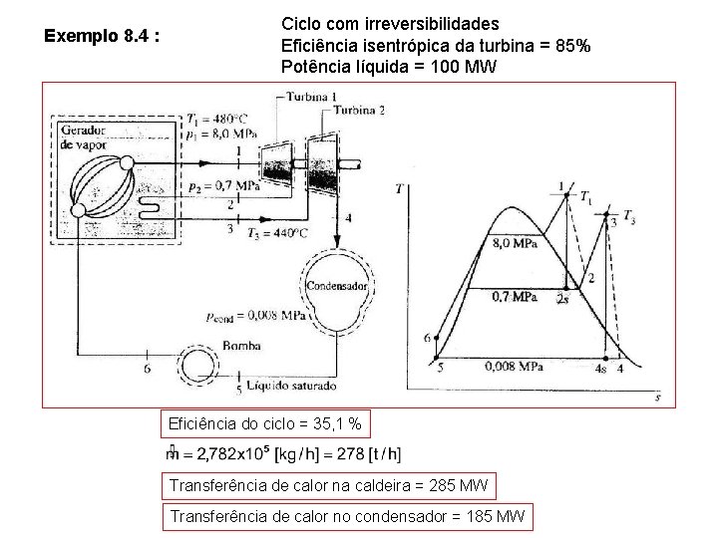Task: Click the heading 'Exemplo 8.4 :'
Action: point(102,37)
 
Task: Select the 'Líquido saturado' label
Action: point(290,386)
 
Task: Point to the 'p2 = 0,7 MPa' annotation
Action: point(223,186)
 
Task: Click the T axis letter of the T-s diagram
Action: point(400,188)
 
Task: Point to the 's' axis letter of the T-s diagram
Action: point(658,397)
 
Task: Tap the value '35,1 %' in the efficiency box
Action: point(343,426)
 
